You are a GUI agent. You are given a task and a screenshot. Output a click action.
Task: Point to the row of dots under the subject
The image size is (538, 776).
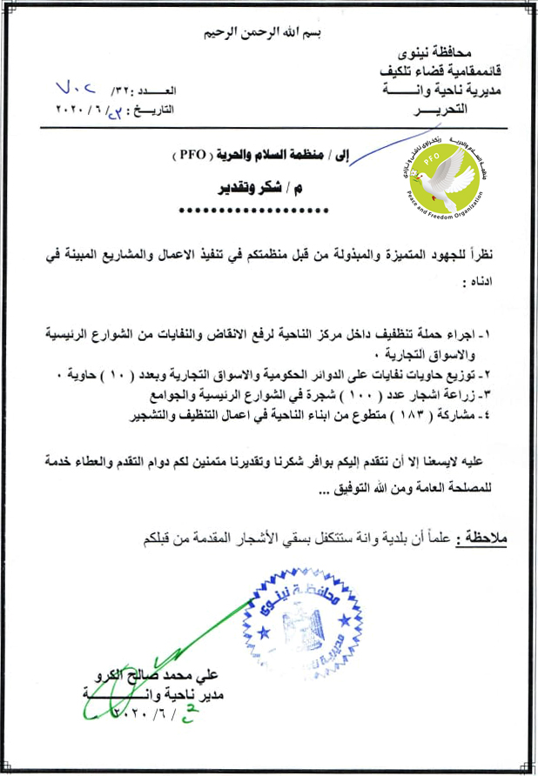[x=252, y=211]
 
